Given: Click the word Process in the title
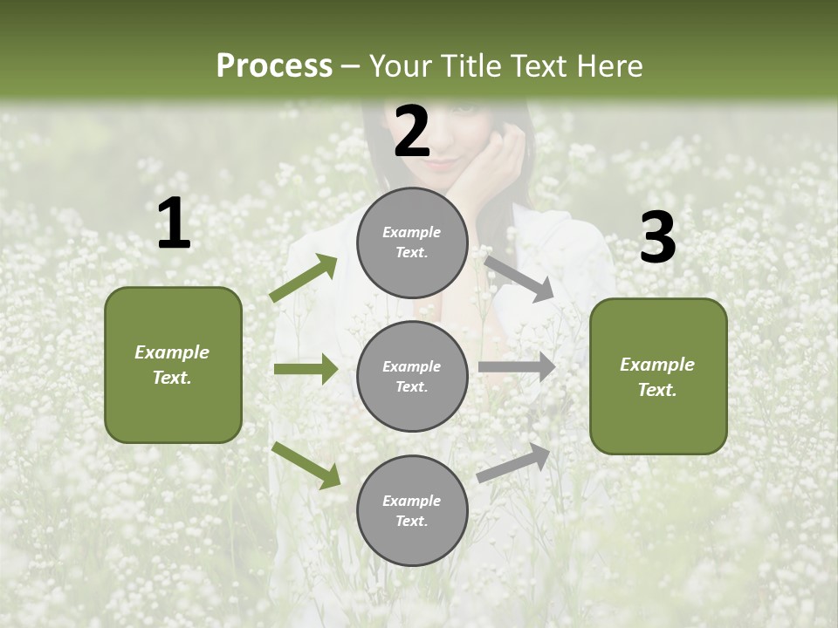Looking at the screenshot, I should tap(274, 65).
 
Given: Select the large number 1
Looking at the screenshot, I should tap(174, 224).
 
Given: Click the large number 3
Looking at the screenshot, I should tap(658, 238).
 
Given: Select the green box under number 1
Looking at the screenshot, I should tap(173, 365).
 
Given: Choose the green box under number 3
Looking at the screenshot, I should tap(658, 376).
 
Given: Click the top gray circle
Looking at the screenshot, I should tap(412, 242).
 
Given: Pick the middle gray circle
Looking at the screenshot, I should tap(412, 376).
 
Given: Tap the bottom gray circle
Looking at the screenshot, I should tap(412, 510).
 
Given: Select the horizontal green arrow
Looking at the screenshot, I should tap(306, 369).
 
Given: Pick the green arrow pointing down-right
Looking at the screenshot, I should tap(306, 465).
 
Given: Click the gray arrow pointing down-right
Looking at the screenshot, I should tap(519, 278).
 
